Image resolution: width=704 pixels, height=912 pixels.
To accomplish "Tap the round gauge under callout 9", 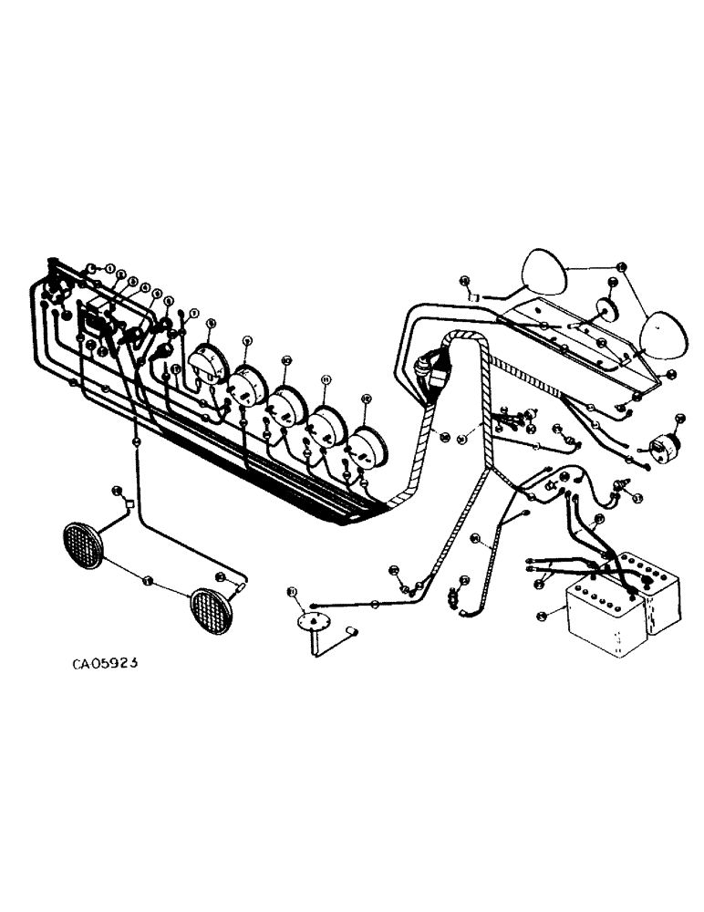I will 246,384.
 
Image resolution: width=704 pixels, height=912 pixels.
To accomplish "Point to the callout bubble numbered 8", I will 211,323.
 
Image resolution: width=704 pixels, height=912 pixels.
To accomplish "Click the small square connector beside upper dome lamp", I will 474,295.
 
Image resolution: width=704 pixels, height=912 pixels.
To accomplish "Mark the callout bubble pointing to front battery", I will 543,617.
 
